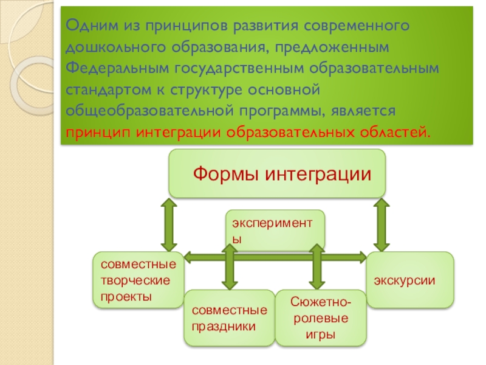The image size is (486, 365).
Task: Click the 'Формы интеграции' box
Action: pyautogui.click(x=277, y=173)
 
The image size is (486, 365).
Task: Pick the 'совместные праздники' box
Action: pyautogui.click(x=229, y=318)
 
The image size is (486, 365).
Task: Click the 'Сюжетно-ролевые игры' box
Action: pyautogui.click(x=321, y=318)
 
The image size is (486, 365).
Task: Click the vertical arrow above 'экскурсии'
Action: pyautogui.click(x=382, y=225)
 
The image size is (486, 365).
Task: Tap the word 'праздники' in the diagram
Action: pyautogui.click(x=224, y=325)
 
